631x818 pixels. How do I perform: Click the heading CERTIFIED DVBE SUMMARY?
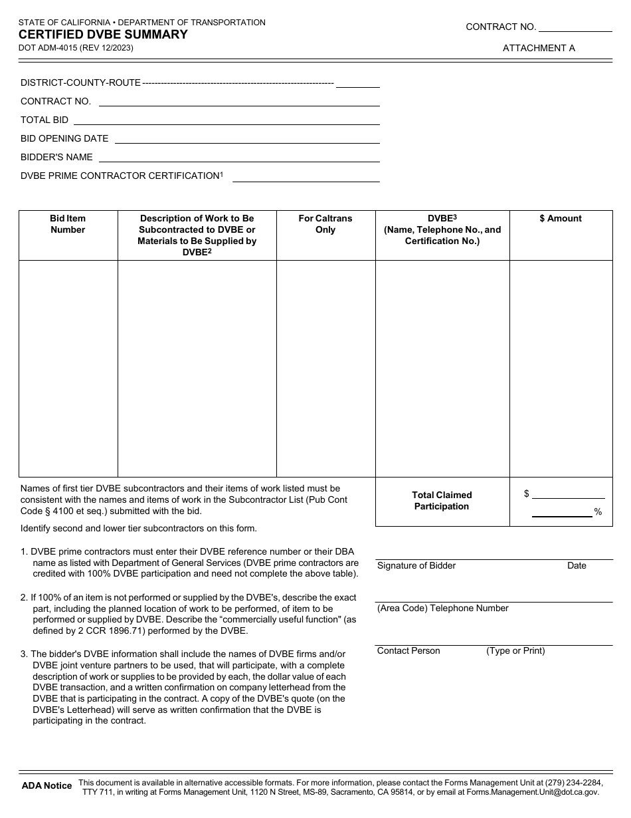tap(103, 35)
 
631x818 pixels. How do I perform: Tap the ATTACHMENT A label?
tap(539, 48)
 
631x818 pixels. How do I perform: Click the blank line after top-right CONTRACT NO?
tap(575, 28)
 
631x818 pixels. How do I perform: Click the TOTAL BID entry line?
tap(226, 122)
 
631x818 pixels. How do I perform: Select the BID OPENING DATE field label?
tap(64, 138)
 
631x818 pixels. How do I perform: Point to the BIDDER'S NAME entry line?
tap(239, 159)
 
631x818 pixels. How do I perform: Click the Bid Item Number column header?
tap(68, 224)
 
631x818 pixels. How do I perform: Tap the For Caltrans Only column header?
tap(325, 224)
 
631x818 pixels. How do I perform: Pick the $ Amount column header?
tap(561, 218)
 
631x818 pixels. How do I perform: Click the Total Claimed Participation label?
tap(442, 501)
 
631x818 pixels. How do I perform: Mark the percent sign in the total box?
tap(598, 512)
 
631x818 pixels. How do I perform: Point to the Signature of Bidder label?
tap(416, 565)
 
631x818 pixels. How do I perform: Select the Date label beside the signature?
tap(577, 565)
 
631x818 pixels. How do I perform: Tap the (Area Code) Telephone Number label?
tap(443, 608)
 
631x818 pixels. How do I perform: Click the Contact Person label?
tap(408, 650)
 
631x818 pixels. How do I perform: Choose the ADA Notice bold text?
tap(46, 785)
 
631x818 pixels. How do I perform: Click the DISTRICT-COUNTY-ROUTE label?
tap(80, 82)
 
